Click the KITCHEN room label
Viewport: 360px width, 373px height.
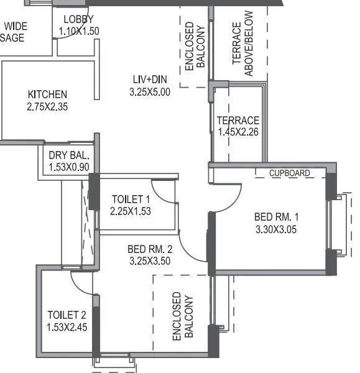click(47, 94)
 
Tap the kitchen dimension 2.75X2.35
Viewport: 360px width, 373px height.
click(47, 106)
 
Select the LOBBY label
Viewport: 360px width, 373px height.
click(79, 19)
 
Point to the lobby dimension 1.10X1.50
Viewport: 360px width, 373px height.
click(79, 30)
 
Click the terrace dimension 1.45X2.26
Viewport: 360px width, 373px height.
click(238, 132)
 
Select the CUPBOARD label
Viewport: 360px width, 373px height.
click(290, 173)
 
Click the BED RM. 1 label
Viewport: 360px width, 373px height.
click(277, 217)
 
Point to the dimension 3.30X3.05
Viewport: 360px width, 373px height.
click(277, 229)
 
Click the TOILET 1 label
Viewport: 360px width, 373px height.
click(131, 200)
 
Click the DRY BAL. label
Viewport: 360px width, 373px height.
click(68, 155)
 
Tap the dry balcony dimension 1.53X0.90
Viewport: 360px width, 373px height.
click(68, 167)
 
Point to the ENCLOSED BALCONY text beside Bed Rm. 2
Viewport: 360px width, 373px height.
click(183, 317)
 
